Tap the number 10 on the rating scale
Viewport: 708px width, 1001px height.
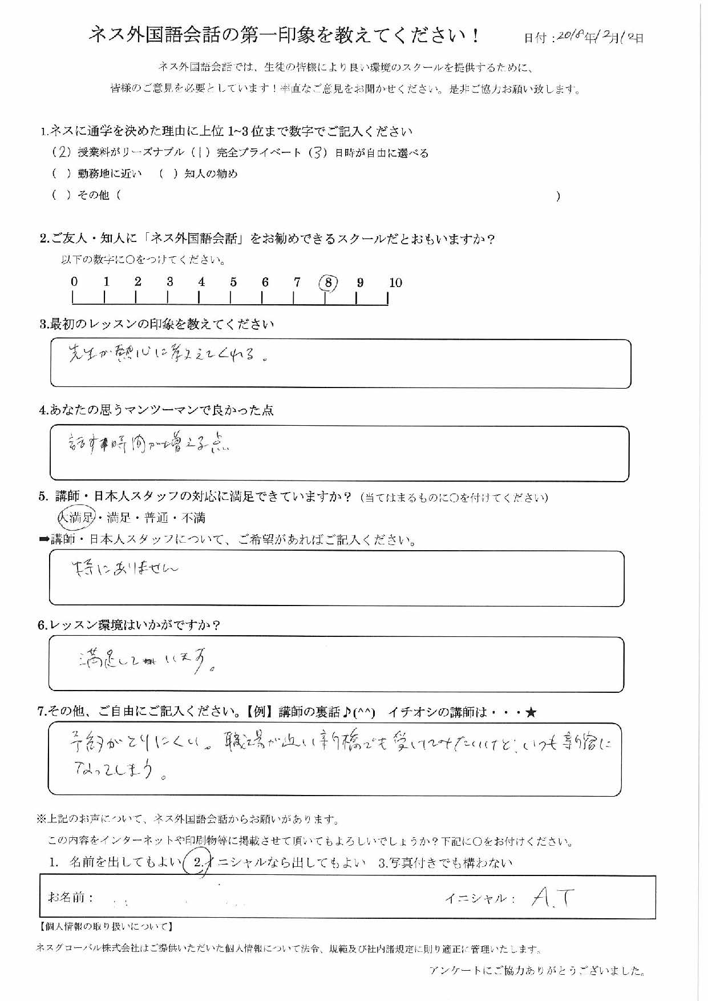point(395,282)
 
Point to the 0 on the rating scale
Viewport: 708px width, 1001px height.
point(74,281)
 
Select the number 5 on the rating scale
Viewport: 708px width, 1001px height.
point(233,282)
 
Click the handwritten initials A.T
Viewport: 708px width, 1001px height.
point(552,899)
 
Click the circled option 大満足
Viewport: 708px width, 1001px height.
point(76,518)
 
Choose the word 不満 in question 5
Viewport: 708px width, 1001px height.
point(193,518)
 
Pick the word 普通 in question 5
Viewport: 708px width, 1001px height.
point(156,518)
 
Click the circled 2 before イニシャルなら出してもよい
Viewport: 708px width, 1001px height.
point(198,863)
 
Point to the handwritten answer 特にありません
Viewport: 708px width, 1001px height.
point(126,568)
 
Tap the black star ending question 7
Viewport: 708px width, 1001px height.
point(531,712)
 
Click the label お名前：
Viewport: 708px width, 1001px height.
point(71,897)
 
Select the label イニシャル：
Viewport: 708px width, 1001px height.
point(480,898)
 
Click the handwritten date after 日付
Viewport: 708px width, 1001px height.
point(598,37)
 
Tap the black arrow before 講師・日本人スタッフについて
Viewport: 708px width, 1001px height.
point(44,539)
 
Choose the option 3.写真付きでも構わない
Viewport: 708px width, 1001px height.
point(445,863)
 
